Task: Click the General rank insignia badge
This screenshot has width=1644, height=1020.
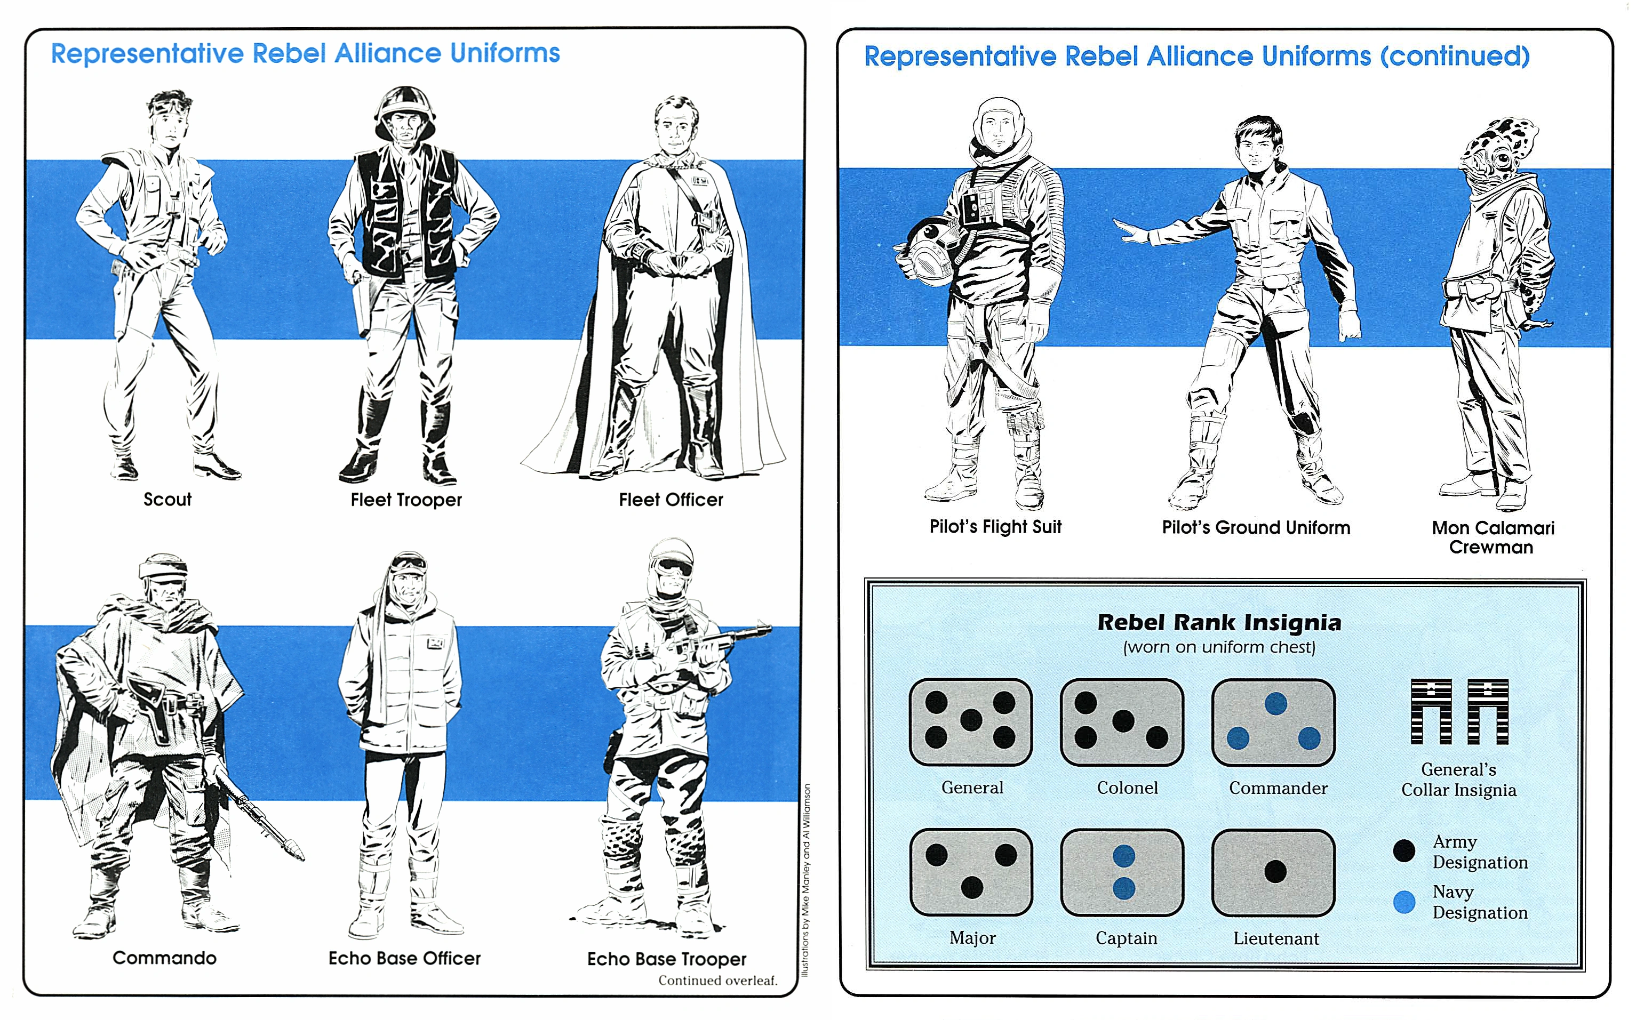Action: click(x=970, y=721)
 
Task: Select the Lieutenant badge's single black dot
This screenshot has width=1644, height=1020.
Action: click(x=1275, y=872)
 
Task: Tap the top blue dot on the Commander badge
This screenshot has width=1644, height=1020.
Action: click(x=1275, y=704)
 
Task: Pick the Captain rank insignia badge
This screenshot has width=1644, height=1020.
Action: click(x=1122, y=872)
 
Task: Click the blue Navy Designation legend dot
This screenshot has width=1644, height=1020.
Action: click(x=1404, y=902)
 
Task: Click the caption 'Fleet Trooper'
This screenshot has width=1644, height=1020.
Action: click(x=406, y=500)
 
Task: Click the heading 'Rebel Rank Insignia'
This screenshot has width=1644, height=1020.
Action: click(x=1219, y=622)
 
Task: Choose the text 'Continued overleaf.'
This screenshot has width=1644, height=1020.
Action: click(x=717, y=980)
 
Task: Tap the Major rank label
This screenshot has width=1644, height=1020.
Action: click(x=972, y=938)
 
